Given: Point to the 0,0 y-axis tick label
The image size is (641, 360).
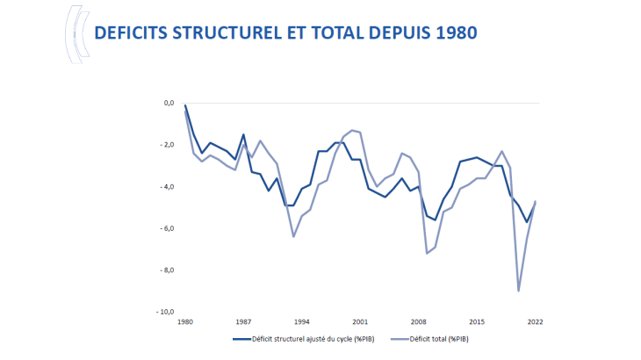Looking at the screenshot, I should tap(167, 104).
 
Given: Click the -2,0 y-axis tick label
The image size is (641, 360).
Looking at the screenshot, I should tap(166, 145).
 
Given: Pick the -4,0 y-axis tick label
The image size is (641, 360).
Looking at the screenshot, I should tap(166, 187).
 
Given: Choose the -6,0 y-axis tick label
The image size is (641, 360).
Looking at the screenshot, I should tap(166, 228).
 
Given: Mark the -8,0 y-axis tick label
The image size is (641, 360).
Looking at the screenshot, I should tap(166, 270).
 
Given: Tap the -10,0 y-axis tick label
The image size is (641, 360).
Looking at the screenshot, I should tap(164, 312).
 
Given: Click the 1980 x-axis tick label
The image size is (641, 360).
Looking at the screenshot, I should tap(185, 322).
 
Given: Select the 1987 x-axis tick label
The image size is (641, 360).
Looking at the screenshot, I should tap(243, 322).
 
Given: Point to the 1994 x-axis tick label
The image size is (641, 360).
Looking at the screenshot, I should tap(301, 322).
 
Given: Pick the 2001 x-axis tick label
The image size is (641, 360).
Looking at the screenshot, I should tap(359, 322).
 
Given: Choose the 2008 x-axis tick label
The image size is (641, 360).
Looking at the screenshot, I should tap(418, 322).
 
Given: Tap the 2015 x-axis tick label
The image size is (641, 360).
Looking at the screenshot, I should tap(476, 322).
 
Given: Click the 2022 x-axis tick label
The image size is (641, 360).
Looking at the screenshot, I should tap(534, 322).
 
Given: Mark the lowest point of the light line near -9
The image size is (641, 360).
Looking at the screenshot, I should tap(518, 291).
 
